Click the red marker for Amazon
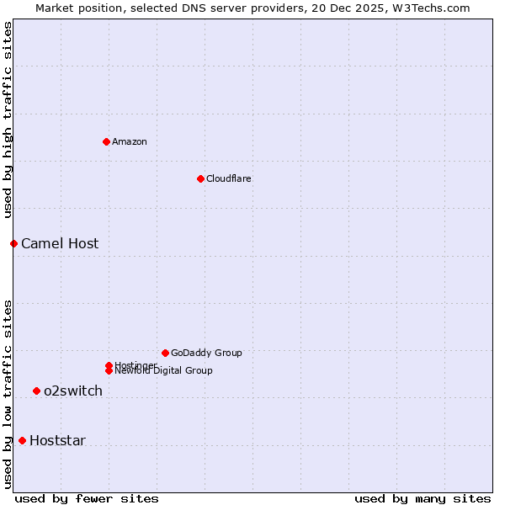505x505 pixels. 106,141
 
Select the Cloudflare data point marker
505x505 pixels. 200,178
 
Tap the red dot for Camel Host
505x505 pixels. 13,243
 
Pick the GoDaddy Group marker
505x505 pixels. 165,353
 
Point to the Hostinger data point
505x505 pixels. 109,365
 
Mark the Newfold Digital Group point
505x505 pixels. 109,370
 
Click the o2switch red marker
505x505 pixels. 36,391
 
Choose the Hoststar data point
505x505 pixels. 22,440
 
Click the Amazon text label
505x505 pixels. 130,141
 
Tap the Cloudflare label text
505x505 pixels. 229,178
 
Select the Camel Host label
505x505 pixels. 60,243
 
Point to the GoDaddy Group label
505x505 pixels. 206,353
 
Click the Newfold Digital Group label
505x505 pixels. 163,371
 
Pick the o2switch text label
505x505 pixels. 73,391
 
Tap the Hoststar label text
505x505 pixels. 57,440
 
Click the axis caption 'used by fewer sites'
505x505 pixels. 87,498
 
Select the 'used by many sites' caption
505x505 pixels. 423,498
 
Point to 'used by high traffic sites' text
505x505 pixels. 8,120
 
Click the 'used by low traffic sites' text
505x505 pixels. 8,393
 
